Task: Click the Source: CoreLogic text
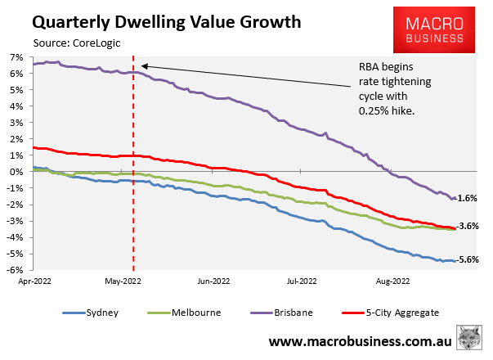[x=80, y=43]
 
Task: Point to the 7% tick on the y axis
[x=16, y=57]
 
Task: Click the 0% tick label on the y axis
[x=16, y=172]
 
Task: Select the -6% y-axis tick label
[x=15, y=270]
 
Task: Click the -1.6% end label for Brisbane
[x=468, y=198]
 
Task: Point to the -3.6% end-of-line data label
[x=468, y=226]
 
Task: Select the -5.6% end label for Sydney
[x=468, y=260]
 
